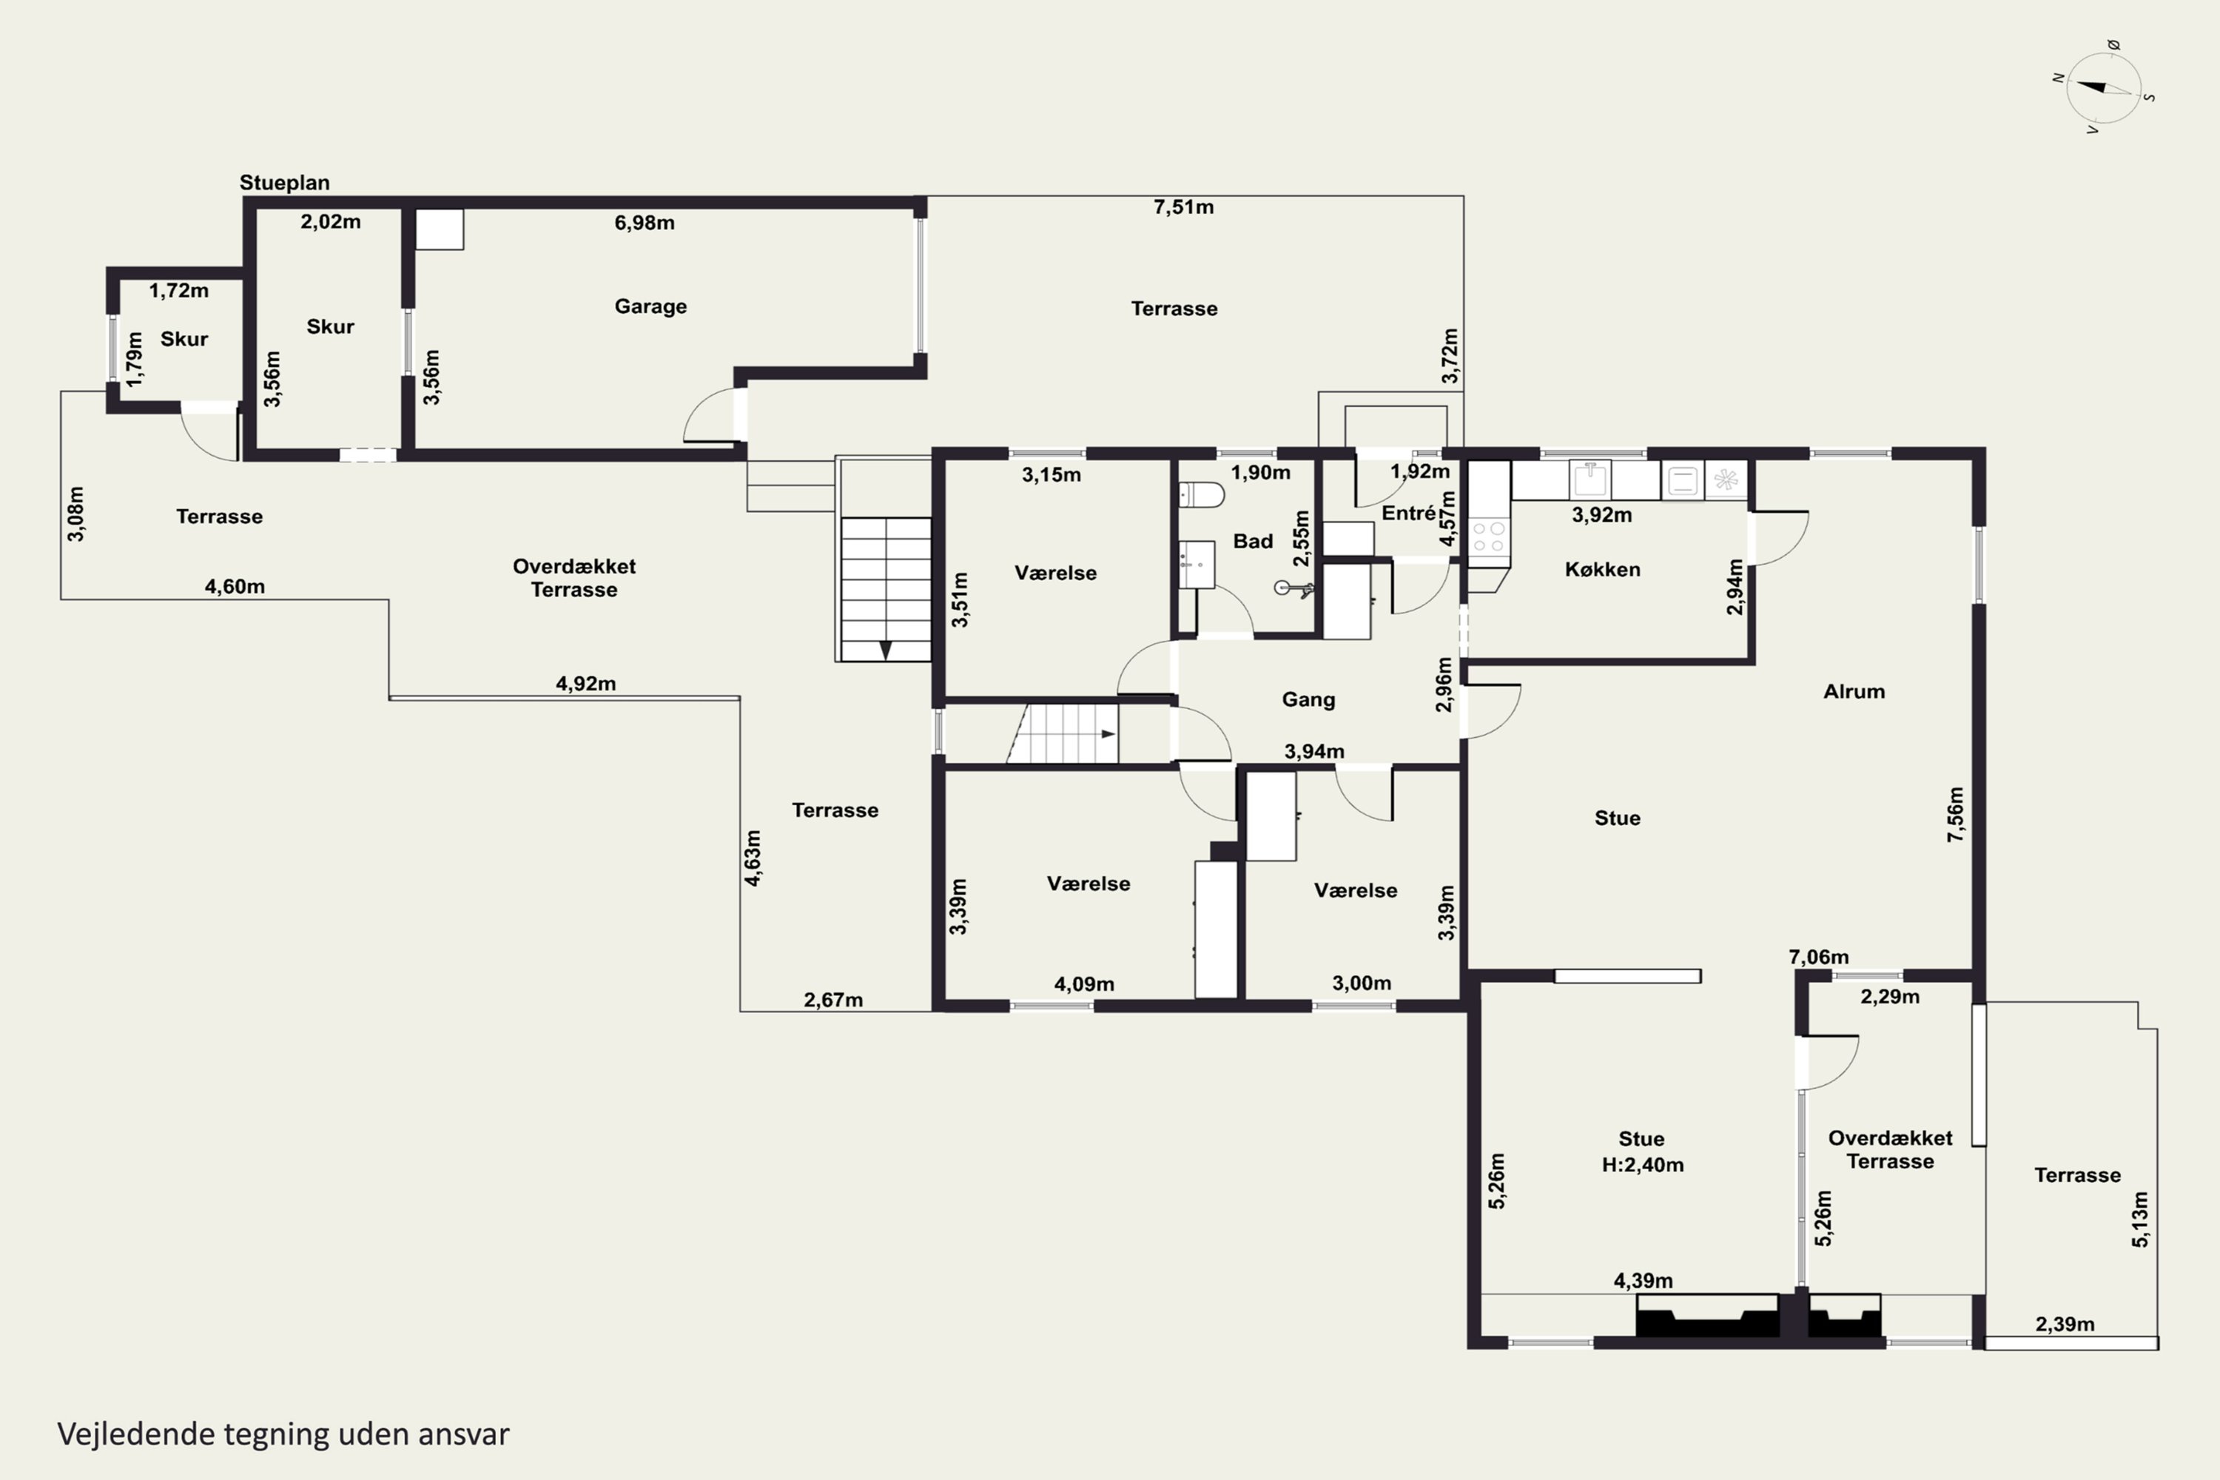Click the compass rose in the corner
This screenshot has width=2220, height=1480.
click(2104, 88)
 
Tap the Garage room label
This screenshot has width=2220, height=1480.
click(650, 306)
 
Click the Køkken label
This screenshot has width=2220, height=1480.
click(1602, 569)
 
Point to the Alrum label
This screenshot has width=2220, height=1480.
click(1854, 691)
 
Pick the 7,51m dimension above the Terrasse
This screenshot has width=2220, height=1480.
click(1183, 206)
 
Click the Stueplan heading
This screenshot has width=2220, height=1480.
click(284, 182)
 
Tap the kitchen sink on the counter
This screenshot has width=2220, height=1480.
click(1590, 480)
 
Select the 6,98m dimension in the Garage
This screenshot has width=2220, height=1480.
click(644, 223)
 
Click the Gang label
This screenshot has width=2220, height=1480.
click(1308, 699)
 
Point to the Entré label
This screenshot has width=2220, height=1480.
click(1408, 513)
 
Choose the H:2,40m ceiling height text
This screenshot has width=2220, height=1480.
click(1642, 1165)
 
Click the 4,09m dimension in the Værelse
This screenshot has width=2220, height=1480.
click(1083, 983)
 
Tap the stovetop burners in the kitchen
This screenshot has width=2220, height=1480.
click(1488, 537)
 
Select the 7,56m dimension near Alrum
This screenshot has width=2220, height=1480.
click(1955, 813)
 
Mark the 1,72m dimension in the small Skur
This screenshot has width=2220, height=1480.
click(178, 291)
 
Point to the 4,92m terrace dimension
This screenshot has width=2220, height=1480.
click(585, 683)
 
